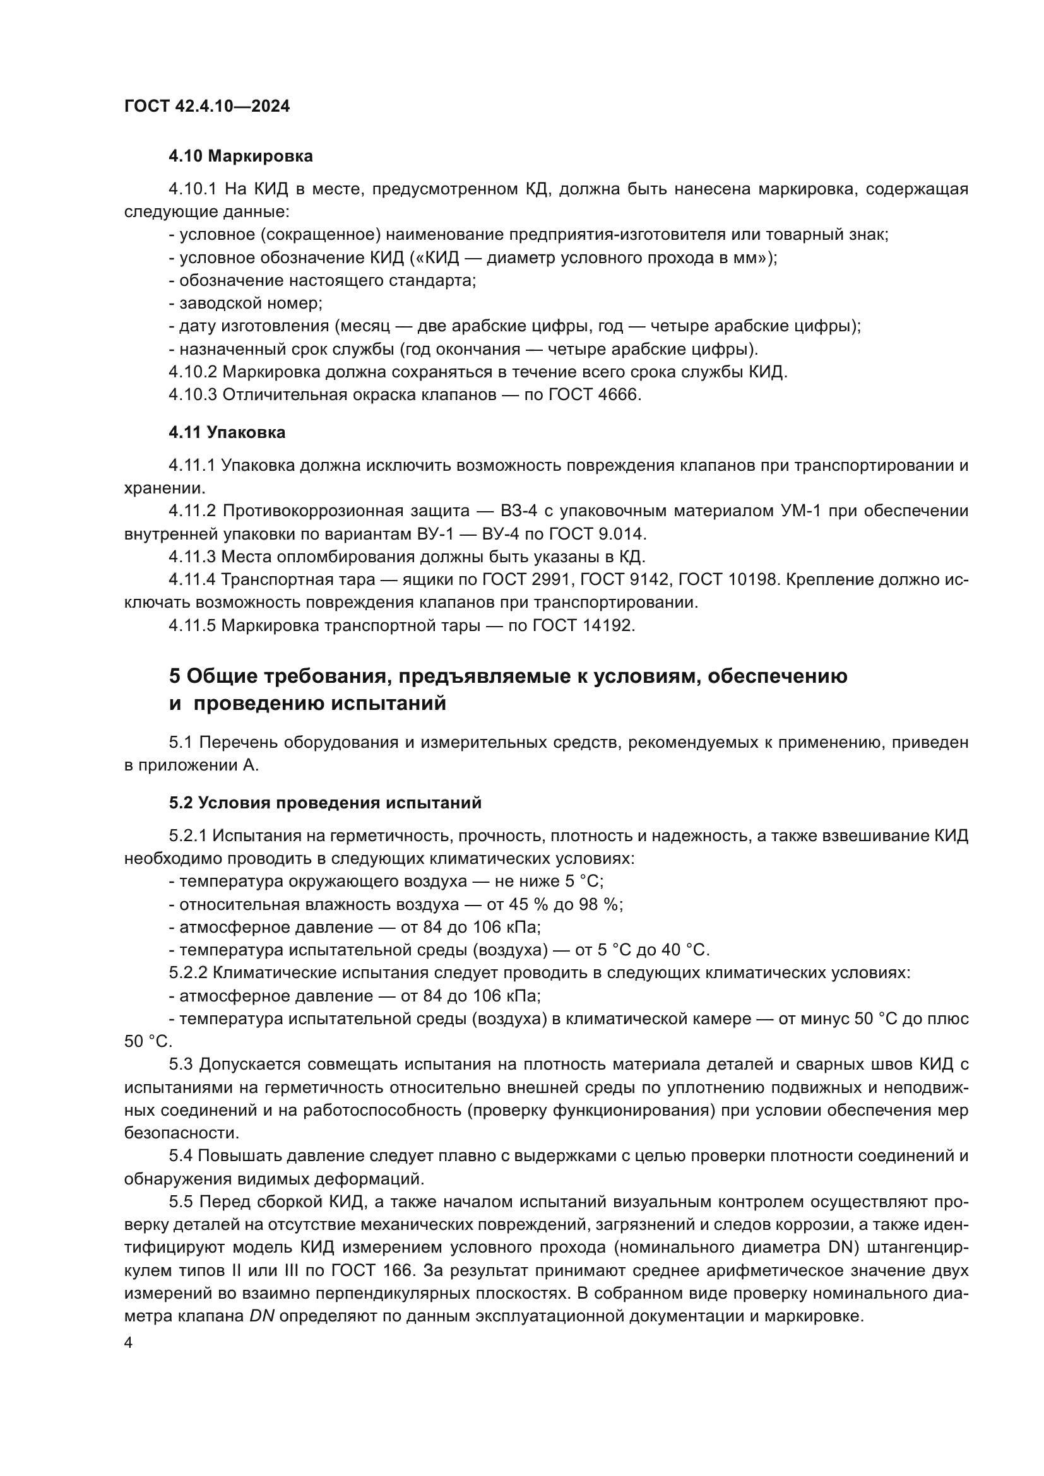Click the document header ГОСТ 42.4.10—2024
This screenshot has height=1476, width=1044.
[206, 106]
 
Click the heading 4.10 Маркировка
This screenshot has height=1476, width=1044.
[240, 156]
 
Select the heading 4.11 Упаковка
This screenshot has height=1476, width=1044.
[227, 433]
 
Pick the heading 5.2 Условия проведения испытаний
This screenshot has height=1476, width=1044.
[324, 803]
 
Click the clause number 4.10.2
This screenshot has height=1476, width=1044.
[193, 372]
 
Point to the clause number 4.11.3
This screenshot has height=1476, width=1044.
[193, 557]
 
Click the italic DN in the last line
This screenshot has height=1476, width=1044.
[262, 1316]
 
